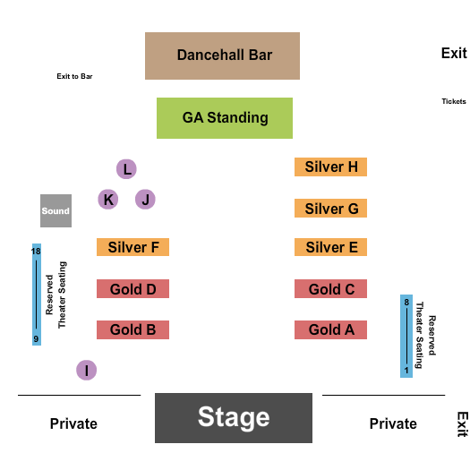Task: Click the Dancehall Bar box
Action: click(222, 56)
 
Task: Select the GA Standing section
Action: click(225, 118)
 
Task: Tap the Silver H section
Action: click(330, 167)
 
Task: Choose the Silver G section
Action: click(330, 209)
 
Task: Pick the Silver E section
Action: click(330, 247)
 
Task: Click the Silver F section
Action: click(132, 247)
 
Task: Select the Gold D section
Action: click(132, 289)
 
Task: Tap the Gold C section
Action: click(330, 289)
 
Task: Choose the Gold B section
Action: click(132, 329)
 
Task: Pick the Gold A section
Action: click(330, 329)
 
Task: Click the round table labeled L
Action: click(127, 168)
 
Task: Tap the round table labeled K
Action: click(108, 200)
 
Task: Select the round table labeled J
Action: click(145, 200)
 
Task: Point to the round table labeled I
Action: click(86, 370)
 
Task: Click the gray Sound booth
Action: click(56, 211)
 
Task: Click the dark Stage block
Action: click(234, 417)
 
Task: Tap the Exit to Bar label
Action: click(74, 76)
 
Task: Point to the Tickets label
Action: click(453, 101)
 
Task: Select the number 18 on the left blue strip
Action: click(37, 252)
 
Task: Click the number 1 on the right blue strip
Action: click(406, 369)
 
